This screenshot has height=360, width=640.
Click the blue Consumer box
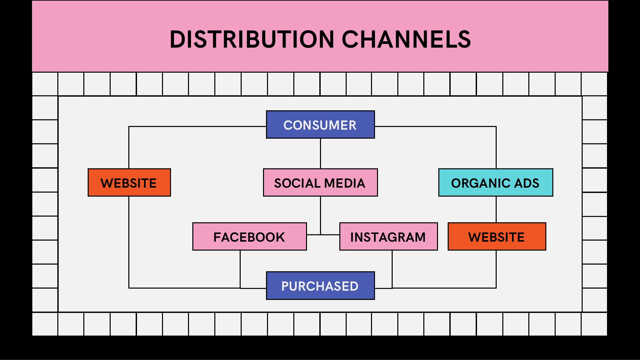click(320, 125)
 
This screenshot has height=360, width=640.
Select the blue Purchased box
click(320, 286)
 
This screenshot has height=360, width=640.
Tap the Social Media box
click(320, 183)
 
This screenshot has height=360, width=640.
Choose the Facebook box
click(249, 237)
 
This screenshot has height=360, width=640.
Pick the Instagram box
click(388, 237)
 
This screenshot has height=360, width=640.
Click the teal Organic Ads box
click(495, 183)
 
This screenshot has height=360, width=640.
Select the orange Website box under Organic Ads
click(497, 237)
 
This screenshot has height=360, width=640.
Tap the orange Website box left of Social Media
click(129, 183)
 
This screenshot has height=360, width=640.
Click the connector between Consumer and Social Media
click(320, 153)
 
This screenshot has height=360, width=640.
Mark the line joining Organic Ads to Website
click(496, 209)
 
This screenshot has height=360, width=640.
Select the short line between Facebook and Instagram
click(323, 235)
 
